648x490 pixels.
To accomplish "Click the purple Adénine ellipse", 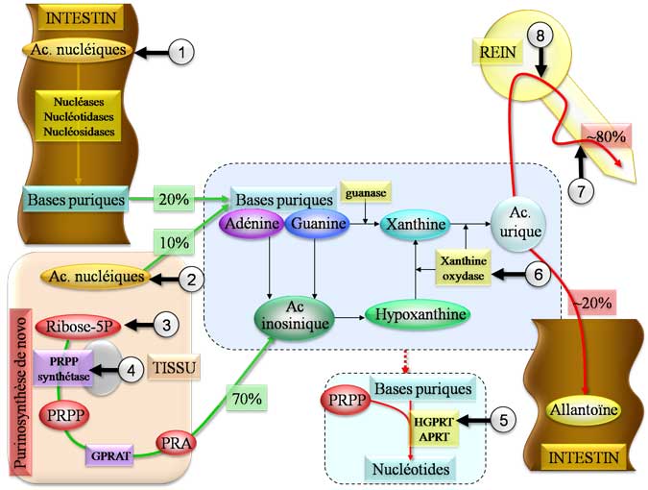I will (x=252, y=224).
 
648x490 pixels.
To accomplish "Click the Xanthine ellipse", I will (x=416, y=225).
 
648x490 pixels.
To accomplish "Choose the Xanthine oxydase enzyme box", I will (x=464, y=271).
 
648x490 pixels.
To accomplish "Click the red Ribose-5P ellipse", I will (x=77, y=325).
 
